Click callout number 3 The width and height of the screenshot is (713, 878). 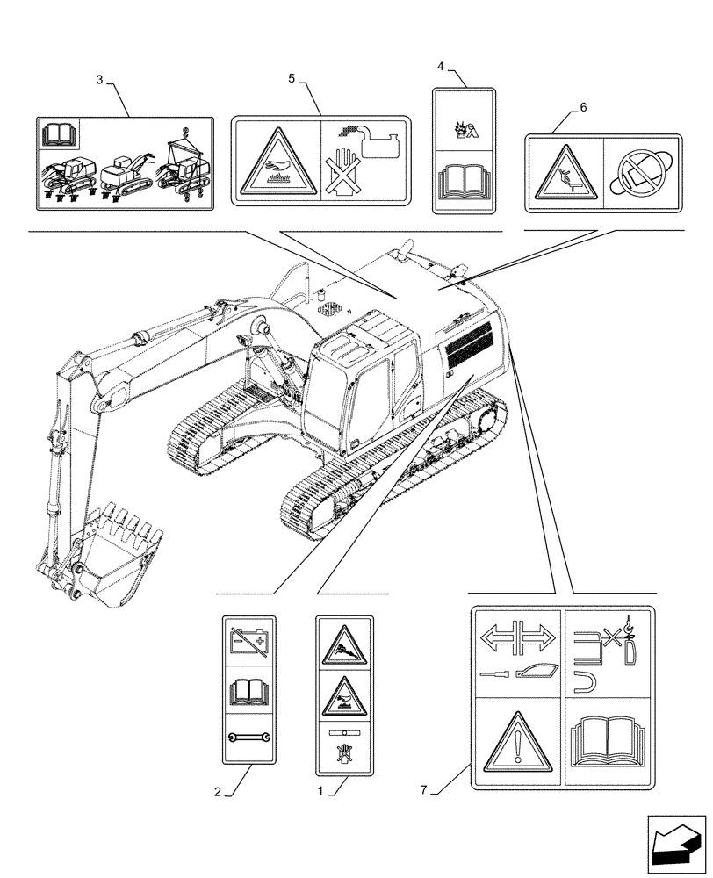[99, 80]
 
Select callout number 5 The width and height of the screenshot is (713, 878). [292, 79]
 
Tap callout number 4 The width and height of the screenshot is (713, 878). [441, 66]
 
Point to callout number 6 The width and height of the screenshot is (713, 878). [583, 108]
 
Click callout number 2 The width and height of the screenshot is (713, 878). [217, 792]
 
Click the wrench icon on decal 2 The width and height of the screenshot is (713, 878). [250, 740]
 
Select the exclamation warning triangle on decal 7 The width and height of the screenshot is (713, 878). [518, 743]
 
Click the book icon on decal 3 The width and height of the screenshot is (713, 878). [59, 136]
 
